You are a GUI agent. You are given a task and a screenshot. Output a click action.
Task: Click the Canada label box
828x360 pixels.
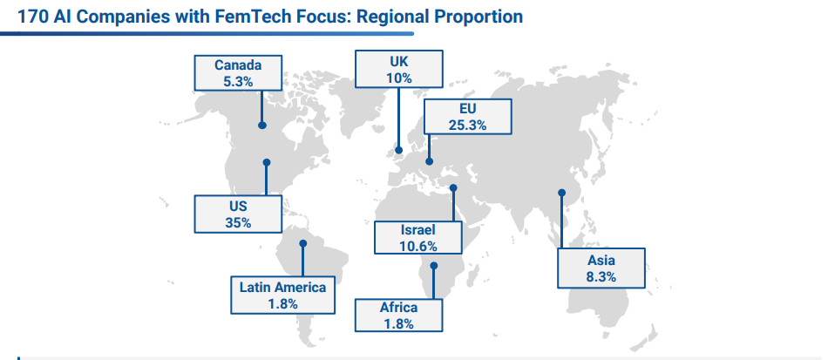pos(238,72)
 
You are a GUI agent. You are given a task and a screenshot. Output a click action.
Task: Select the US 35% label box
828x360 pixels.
pos(239,214)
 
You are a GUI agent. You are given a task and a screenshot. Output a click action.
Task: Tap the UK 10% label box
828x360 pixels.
pos(398,69)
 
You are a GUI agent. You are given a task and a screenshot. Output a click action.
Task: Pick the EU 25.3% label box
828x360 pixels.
pos(467,117)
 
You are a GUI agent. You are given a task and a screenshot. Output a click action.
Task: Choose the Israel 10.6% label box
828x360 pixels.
pos(417,237)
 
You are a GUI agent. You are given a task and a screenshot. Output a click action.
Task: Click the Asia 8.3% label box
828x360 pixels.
pos(601,268)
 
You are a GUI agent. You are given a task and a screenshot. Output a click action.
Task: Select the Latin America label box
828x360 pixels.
pos(283,295)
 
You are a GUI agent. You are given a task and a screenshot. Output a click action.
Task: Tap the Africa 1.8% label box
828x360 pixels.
pos(398,316)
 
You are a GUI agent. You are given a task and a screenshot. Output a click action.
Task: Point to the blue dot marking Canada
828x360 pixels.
pos(261,126)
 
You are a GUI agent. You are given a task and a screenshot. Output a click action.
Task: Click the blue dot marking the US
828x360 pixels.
pos(267,162)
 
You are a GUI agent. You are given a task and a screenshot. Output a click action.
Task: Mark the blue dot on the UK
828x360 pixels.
pos(399,150)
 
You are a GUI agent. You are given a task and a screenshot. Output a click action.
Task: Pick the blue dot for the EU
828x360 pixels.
pos(429,160)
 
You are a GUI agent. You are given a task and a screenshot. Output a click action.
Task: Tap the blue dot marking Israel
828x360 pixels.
pos(453,187)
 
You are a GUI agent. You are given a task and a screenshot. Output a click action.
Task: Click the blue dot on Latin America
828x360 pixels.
pos(302,243)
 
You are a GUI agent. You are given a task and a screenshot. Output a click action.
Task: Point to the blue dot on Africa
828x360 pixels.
pos(433,266)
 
